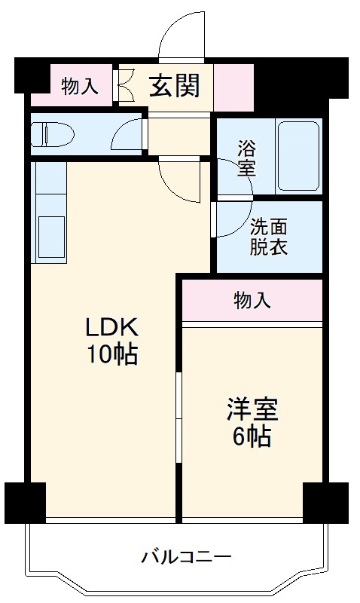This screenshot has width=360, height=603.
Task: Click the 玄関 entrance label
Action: coord(174,86)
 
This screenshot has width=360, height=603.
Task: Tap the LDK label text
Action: coord(110,328)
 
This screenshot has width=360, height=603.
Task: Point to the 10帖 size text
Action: coord(110,354)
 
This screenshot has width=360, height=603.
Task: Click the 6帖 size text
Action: coord(252,436)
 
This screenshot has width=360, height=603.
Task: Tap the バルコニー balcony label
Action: coord(186,558)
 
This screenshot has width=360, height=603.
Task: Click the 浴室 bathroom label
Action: coord(246,157)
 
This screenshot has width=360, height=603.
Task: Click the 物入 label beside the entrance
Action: coord(79,87)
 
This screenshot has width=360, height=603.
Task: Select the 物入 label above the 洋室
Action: coord(252,301)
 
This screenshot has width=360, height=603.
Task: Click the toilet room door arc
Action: coord(127,136)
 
